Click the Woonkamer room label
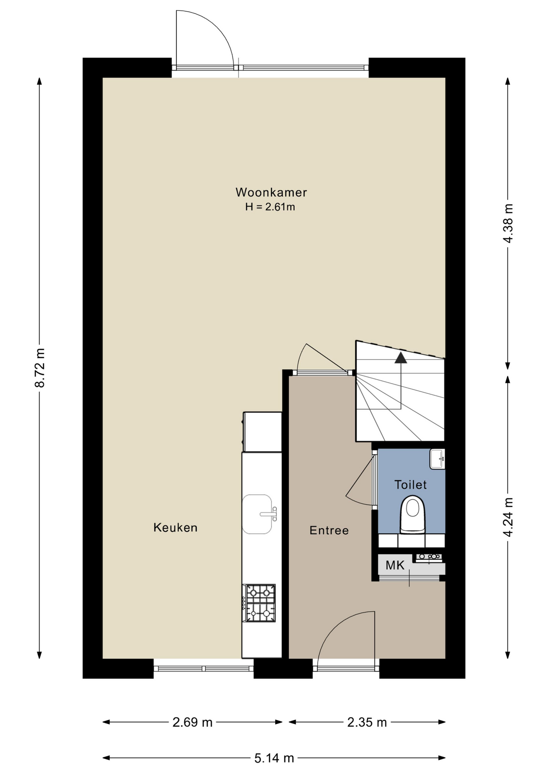pyautogui.click(x=271, y=192)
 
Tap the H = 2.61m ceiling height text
pyautogui.click(x=270, y=207)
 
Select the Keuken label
pyautogui.click(x=175, y=527)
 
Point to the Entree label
pyautogui.click(x=329, y=530)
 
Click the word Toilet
pyautogui.click(x=410, y=484)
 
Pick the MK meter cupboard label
pyautogui.click(x=395, y=565)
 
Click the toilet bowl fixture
pyautogui.click(x=412, y=515)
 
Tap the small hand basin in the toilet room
pyautogui.click(x=437, y=459)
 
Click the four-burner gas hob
pyautogui.click(x=260, y=603)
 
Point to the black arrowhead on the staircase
pyautogui.click(x=400, y=358)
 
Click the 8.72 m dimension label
pyautogui.click(x=39, y=368)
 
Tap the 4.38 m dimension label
pyautogui.click(x=508, y=223)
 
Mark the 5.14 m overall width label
pyautogui.click(x=274, y=759)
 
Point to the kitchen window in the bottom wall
pyautogui.click(x=203, y=669)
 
